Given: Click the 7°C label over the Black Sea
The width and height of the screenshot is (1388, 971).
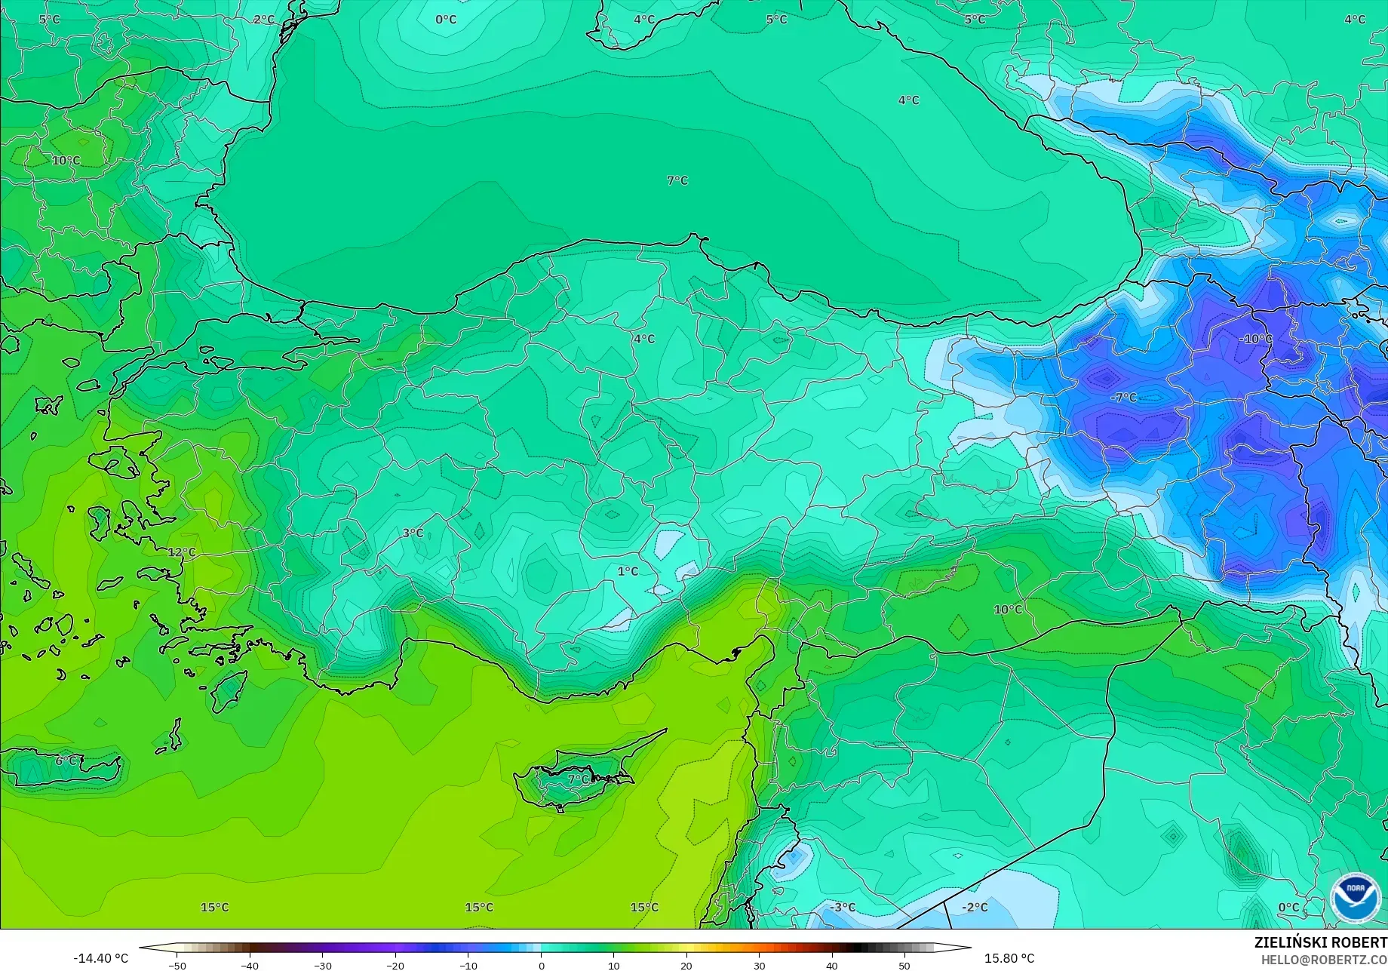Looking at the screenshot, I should point(677,180).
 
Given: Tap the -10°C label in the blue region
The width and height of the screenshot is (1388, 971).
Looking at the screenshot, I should point(1255,339).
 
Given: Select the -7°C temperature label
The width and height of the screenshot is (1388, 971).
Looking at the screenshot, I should point(1123,397).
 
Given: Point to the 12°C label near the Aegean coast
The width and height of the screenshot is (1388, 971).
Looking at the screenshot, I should point(181,552).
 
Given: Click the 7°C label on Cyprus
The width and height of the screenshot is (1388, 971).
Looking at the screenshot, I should point(579,779).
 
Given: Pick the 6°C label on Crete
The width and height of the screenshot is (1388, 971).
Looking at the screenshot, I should point(66,761).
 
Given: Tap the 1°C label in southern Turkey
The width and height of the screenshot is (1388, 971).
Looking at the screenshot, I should point(628,571).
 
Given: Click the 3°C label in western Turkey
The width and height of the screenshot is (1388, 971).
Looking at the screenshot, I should point(413,533).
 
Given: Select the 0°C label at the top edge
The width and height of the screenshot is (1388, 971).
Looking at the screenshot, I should point(446,20).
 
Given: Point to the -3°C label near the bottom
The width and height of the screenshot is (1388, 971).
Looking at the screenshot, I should point(843,907).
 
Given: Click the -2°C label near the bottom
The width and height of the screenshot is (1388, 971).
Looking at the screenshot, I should point(975,907).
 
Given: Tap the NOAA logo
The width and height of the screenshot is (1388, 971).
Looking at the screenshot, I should point(1356,898).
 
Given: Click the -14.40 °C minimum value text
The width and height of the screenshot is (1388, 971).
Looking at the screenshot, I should point(101,958).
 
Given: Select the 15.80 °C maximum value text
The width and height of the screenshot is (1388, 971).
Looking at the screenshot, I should point(1009,958).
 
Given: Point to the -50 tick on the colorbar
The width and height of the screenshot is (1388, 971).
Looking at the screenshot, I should point(177,965).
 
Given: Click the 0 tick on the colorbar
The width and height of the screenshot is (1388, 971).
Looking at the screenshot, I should point(541,965).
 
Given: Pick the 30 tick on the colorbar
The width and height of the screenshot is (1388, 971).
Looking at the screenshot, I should point(759,965).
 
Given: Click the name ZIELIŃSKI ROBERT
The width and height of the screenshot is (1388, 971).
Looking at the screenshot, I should point(1320,942).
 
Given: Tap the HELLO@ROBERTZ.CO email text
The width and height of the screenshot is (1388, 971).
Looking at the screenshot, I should point(1324,960).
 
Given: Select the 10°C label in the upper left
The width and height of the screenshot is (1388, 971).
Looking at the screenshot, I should point(66,160).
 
